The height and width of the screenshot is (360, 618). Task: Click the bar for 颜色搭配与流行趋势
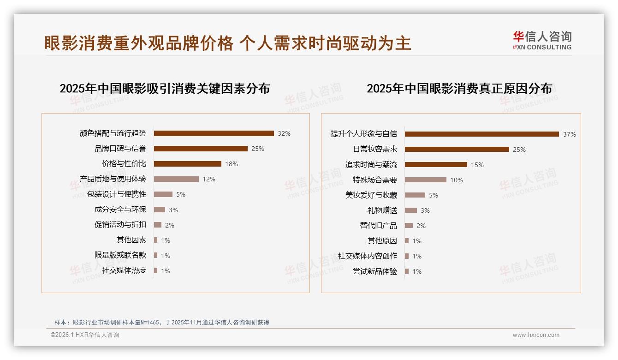pyautogui.click(x=214, y=133)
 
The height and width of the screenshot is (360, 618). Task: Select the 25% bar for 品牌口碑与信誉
pyautogui.click(x=201, y=149)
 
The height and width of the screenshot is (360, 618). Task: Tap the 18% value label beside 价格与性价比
pyautogui.click(x=232, y=164)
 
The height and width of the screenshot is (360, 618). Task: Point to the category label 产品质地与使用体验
pyautogui.click(x=113, y=179)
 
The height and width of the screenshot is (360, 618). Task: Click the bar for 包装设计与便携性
pyautogui.click(x=163, y=194)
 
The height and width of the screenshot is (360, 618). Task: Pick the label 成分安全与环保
pyautogui.click(x=120, y=210)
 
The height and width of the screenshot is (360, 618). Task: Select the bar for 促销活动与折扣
pyautogui.click(x=157, y=225)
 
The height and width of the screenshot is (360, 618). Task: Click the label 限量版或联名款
pyautogui.click(x=120, y=255)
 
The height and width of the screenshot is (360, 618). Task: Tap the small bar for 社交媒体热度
pyautogui.click(x=155, y=270)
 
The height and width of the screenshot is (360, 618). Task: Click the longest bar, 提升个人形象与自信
pyautogui.click(x=482, y=134)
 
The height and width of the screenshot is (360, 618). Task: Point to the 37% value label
pyautogui.click(x=570, y=134)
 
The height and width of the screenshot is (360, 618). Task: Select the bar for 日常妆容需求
pyautogui.click(x=457, y=149)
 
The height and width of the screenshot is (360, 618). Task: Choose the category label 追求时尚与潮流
pyautogui.click(x=371, y=165)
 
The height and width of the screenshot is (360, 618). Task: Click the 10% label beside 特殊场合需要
pyautogui.click(x=457, y=180)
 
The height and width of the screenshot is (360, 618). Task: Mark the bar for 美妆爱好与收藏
pyautogui.click(x=415, y=195)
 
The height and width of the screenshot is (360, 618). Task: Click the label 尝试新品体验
pyautogui.click(x=375, y=271)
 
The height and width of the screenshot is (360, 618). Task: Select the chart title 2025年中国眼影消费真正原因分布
pyautogui.click(x=459, y=89)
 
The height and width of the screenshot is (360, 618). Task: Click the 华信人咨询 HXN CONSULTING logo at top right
pyautogui.click(x=542, y=41)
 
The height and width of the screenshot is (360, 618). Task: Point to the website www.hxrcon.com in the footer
pyautogui.click(x=536, y=335)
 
